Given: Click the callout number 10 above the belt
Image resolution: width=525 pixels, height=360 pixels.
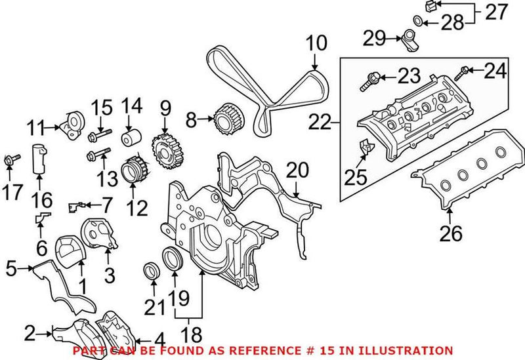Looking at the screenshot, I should (x=316, y=44).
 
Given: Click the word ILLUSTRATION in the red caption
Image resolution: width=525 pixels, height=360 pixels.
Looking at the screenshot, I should (x=409, y=351).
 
